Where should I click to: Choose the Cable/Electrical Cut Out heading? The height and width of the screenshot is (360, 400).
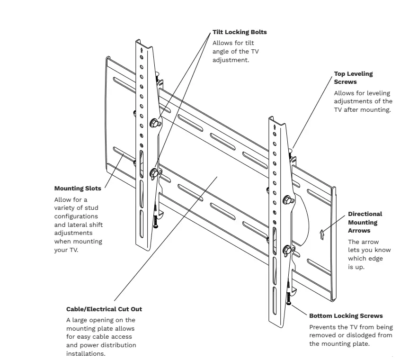pos(104,309)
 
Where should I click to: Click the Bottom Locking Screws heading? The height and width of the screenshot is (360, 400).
pos(346,315)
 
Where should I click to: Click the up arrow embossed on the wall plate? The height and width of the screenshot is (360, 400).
pos(321,233)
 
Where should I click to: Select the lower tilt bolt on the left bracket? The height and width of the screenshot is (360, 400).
pos(154,173)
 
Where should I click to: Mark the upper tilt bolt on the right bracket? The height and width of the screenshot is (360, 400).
pos(286,200)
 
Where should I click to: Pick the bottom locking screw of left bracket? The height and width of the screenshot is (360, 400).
pos(156,222)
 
